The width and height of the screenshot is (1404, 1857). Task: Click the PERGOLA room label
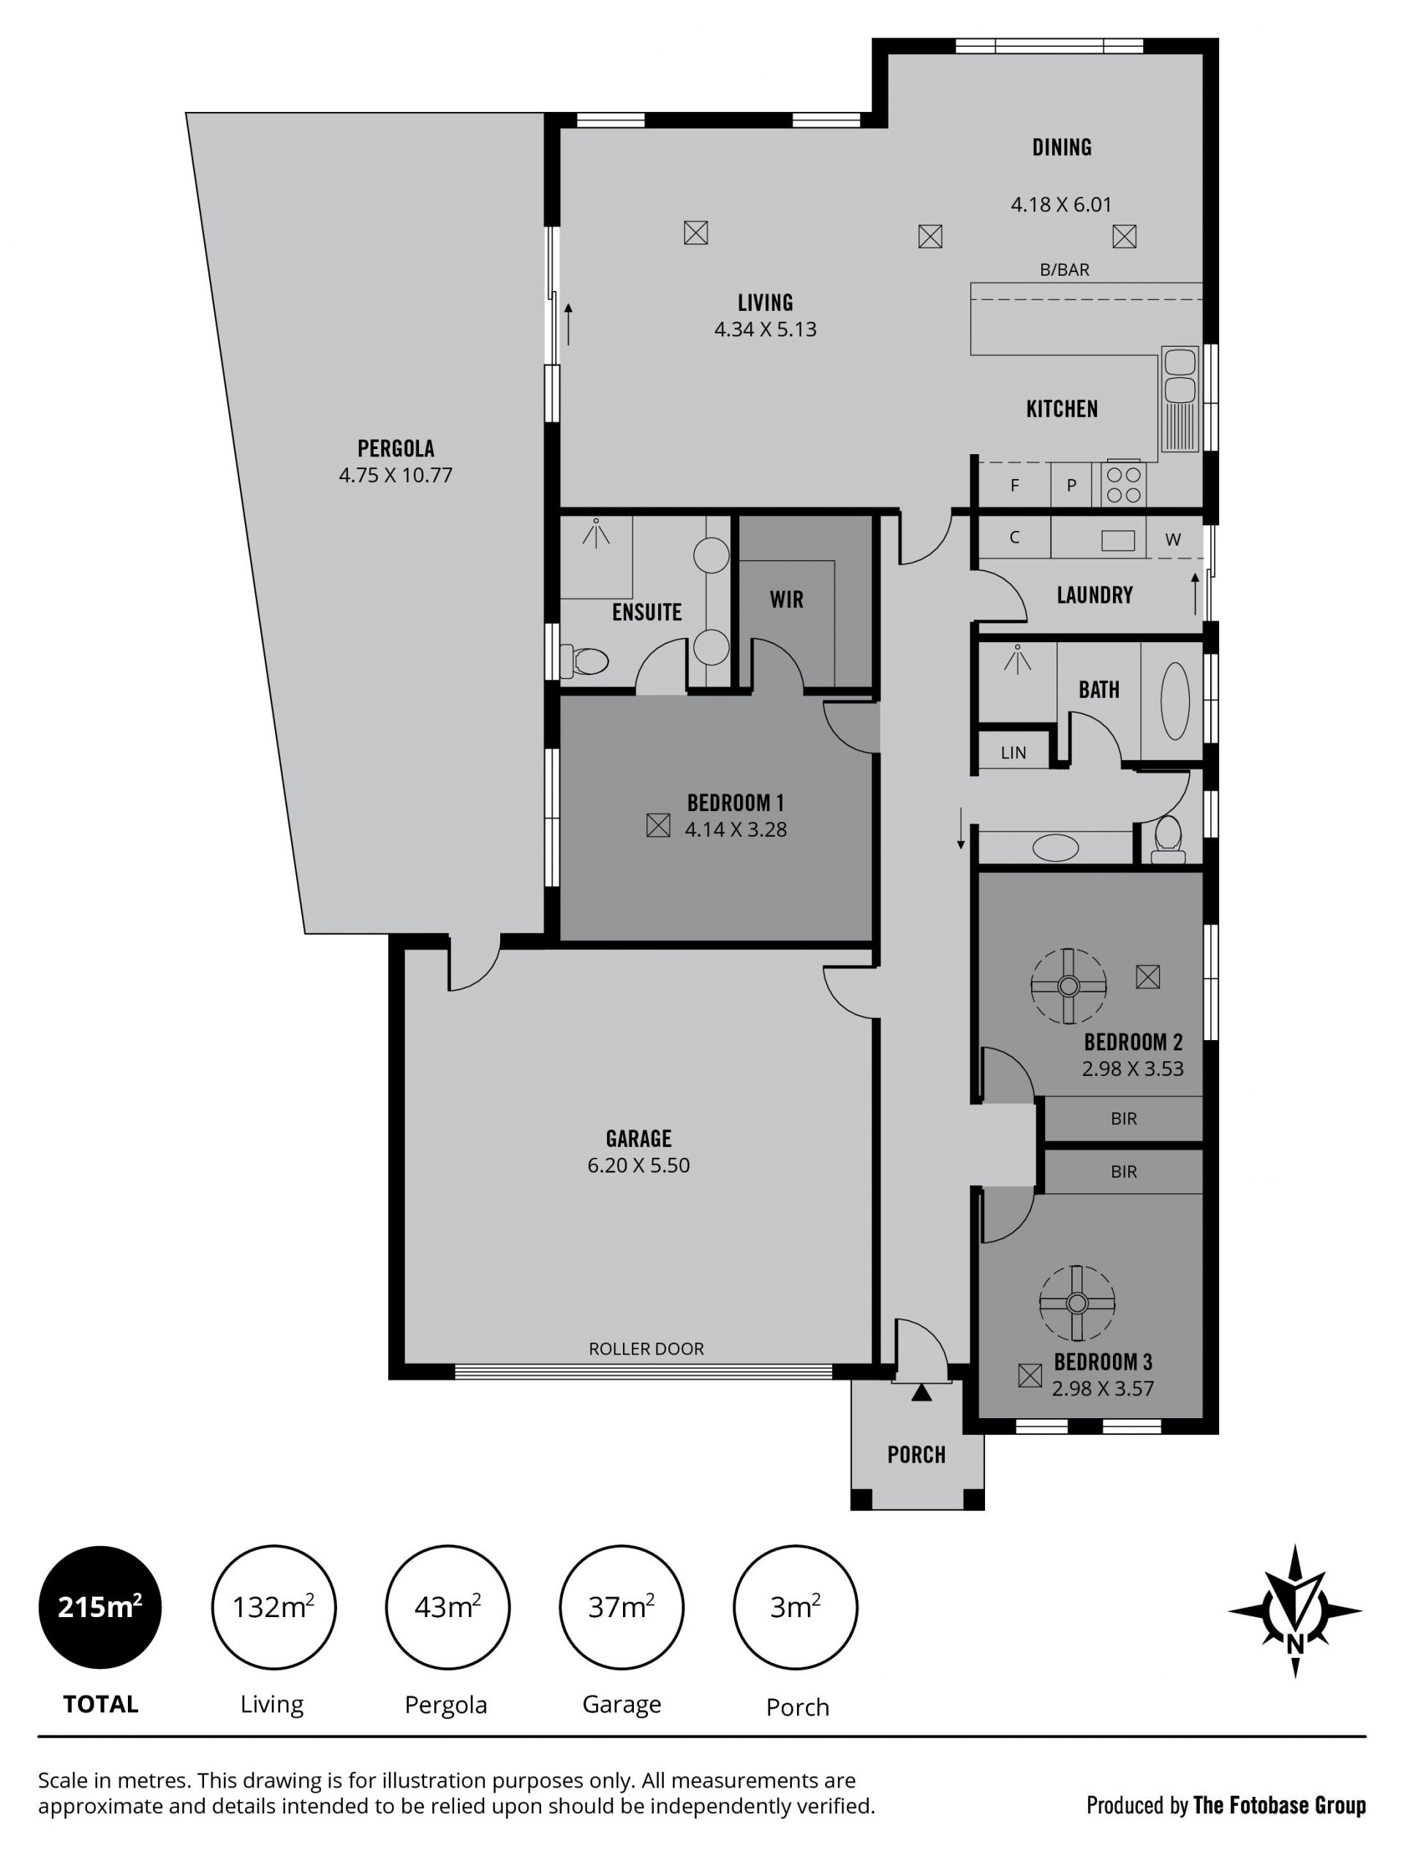[x=396, y=448]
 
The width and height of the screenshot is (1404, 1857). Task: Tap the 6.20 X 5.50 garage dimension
[x=638, y=1165]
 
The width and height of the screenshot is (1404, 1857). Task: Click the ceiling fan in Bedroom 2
[x=1068, y=986]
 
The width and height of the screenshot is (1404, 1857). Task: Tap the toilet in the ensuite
[x=584, y=660]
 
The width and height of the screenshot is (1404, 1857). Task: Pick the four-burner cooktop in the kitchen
[x=1124, y=484]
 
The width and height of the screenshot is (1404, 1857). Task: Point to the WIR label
[x=786, y=600]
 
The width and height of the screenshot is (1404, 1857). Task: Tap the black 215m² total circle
[x=101, y=1608]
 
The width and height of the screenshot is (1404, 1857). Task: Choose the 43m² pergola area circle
[x=448, y=1608]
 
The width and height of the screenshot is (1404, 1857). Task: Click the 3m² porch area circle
[x=796, y=1608]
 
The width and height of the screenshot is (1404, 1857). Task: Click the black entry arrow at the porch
[x=921, y=1393]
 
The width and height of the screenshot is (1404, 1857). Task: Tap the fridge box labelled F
[x=1014, y=485]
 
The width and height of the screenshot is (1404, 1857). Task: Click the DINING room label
[x=1062, y=148]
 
